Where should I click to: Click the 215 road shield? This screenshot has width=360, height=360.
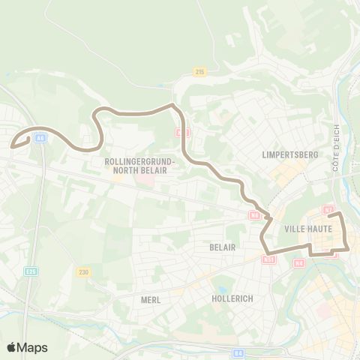point(199,72)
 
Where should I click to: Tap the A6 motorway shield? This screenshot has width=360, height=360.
point(40,137)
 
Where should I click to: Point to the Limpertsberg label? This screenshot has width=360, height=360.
point(291,154)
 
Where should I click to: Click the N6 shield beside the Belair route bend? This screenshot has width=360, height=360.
point(255,215)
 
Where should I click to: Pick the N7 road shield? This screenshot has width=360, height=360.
point(328,210)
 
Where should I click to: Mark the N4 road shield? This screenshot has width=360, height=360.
point(298,262)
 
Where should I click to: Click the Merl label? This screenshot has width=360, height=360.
point(151,299)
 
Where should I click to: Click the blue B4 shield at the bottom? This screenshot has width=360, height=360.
point(238,352)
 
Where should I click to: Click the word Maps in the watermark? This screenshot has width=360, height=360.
point(34,348)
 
